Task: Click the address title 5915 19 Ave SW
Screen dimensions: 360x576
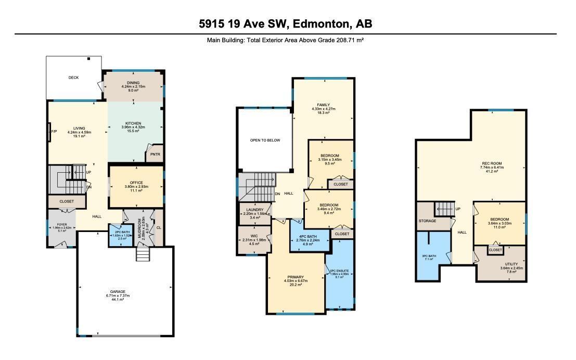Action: (x=285, y=23)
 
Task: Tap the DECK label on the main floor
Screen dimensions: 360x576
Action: (x=73, y=78)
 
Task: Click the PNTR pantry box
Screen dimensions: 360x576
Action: (x=155, y=154)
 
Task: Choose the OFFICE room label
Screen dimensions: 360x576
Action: (x=136, y=183)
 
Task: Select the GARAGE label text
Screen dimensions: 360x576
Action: (x=117, y=291)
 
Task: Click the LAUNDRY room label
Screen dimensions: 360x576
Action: (x=255, y=210)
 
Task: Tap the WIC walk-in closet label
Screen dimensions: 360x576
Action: (x=254, y=236)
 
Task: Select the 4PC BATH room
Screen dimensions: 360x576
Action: (x=310, y=236)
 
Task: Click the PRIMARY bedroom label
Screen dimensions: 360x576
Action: (x=296, y=277)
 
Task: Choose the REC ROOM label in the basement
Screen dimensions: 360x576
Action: (x=492, y=164)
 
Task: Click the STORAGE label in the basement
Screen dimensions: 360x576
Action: (x=427, y=221)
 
